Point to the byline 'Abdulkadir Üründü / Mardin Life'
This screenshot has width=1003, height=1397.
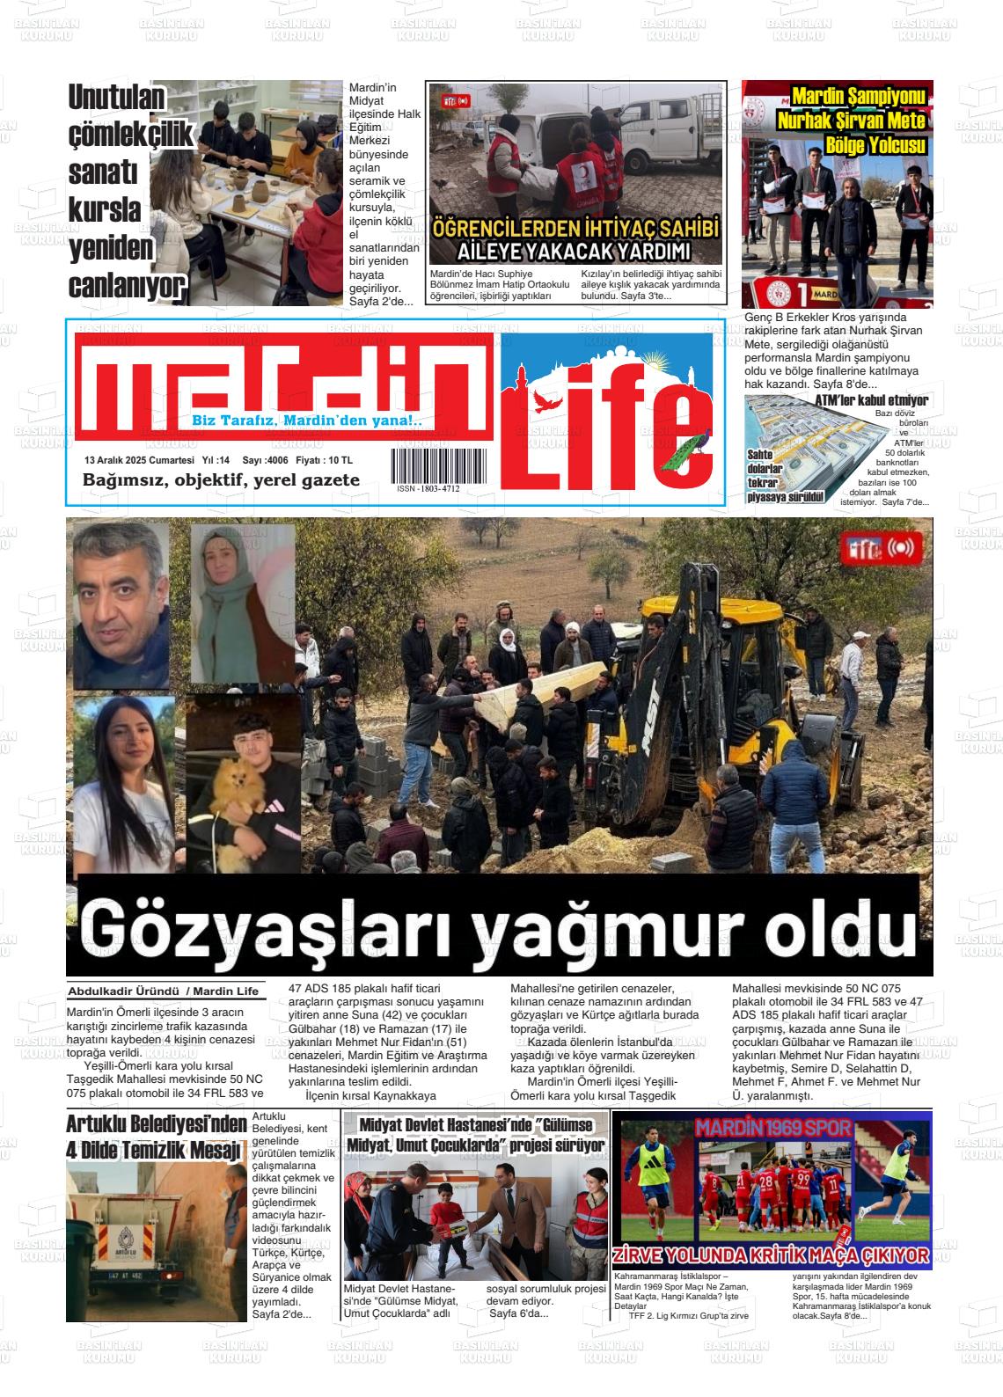[164, 991]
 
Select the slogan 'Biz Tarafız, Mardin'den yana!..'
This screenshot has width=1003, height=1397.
[307, 421]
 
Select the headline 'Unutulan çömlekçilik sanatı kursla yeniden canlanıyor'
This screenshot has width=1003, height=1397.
[128, 193]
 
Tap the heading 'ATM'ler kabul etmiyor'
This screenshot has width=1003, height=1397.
[871, 400]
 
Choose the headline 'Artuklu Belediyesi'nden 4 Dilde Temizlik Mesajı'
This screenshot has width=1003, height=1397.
[157, 1137]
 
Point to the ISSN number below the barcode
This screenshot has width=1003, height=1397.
[428, 488]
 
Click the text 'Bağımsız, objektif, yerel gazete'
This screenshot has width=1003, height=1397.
[221, 480]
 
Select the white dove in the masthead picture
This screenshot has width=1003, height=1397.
[547, 401]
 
